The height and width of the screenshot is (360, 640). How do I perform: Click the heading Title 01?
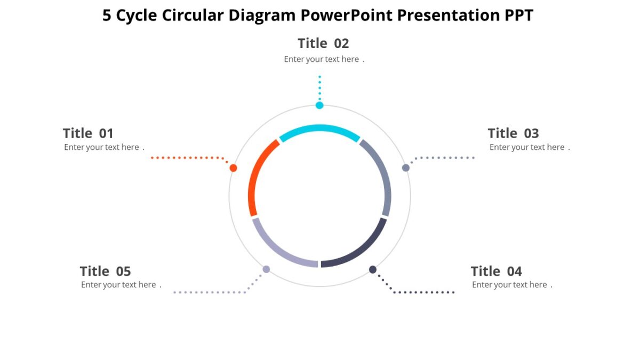click(x=88, y=133)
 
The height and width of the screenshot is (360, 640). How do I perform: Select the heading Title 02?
click(x=323, y=43)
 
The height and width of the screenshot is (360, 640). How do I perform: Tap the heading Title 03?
click(x=513, y=133)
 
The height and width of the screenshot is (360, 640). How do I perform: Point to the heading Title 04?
click(x=496, y=271)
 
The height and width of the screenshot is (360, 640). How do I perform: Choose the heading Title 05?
click(x=105, y=271)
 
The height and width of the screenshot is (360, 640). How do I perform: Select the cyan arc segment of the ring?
click(x=319, y=130)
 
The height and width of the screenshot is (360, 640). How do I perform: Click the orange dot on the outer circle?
click(x=233, y=168)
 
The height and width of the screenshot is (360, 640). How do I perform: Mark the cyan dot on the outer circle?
click(x=319, y=106)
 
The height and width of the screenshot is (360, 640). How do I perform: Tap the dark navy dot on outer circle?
click(x=373, y=269)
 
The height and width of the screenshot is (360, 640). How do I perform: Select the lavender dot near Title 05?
click(x=266, y=269)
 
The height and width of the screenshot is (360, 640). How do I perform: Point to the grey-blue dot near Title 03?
click(x=406, y=168)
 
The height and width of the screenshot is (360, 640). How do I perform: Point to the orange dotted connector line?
click(x=187, y=158)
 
